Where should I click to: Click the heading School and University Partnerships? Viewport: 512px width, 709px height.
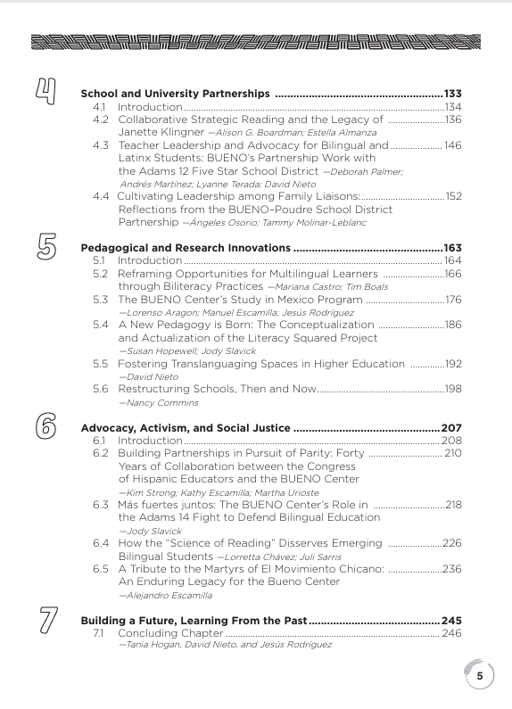[175, 93]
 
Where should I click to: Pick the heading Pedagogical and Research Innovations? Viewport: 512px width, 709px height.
[185, 247]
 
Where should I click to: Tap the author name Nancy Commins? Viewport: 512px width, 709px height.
[152, 403]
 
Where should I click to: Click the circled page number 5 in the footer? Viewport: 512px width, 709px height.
[480, 676]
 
